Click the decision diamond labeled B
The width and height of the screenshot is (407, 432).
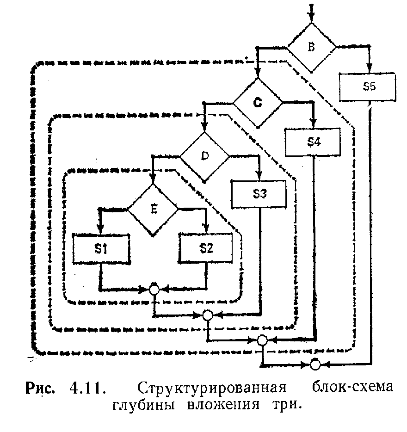point(311,48)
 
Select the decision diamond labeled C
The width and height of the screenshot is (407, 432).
point(258,103)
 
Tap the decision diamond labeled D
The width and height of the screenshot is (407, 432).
point(204,157)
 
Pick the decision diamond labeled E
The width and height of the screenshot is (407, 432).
point(153,210)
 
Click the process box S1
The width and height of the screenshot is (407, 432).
point(101,249)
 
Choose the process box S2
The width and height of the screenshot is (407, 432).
point(206,248)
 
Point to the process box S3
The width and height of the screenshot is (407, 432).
point(259,194)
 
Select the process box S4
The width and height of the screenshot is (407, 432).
point(313,142)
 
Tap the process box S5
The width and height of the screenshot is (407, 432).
point(368,87)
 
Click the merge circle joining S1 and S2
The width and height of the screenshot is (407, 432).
point(154,290)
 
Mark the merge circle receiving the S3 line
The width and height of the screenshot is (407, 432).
point(208,315)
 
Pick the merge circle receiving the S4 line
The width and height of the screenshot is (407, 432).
point(262,340)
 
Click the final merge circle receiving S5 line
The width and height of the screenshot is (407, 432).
point(315,364)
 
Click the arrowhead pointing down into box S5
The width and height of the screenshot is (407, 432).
point(369,68)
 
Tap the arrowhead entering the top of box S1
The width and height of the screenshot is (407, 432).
point(101,228)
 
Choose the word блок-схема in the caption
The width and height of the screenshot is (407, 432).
point(353,387)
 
